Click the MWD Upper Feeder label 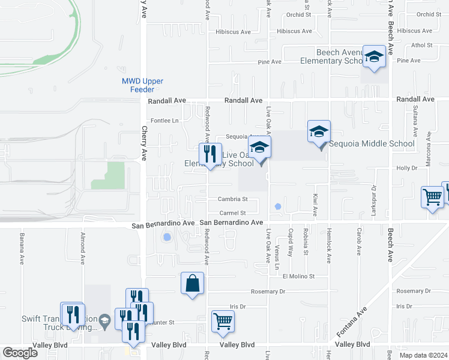pyautogui.click(x=142, y=85)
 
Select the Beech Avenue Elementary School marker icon pyautogui.click(x=374, y=57)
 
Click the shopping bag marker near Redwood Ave pyautogui.click(x=193, y=283)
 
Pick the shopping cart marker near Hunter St pyautogui.click(x=223, y=321)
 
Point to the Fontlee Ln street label pyautogui.click(x=164, y=121)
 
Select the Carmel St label pyautogui.click(x=233, y=213)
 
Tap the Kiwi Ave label pyautogui.click(x=315, y=205)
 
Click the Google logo pyautogui.click(x=20, y=353)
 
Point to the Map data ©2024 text pyautogui.click(x=423, y=355)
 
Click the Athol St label pyautogui.click(x=422, y=45)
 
